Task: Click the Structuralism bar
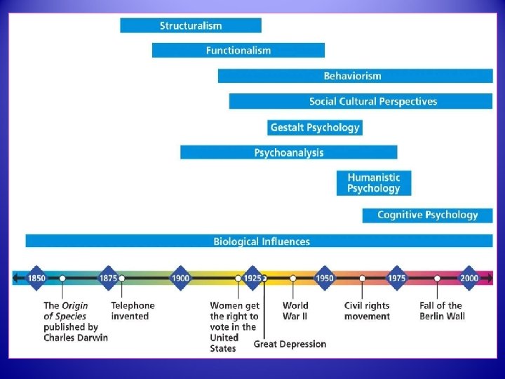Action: [x=191, y=25]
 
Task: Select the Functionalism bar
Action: [x=238, y=51]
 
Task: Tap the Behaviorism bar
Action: [x=355, y=76]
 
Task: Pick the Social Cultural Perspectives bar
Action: [x=361, y=101]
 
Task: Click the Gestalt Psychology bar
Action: [x=315, y=127]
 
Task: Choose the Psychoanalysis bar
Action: [x=288, y=152]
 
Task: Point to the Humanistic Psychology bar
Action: [x=374, y=183]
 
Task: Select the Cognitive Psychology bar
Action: [x=427, y=215]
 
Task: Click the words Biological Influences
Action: [x=262, y=241]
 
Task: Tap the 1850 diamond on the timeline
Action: [x=36, y=278]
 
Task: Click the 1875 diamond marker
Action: [x=108, y=278]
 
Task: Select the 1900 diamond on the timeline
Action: [x=180, y=278]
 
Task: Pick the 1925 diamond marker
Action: [x=252, y=278]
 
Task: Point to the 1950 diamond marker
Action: [x=324, y=278]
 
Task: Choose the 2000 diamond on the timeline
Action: [x=469, y=278]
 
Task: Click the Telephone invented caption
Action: [x=133, y=311]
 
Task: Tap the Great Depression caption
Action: [x=290, y=344]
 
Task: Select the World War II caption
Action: [x=295, y=311]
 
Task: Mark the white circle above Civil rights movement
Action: [x=363, y=278]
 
